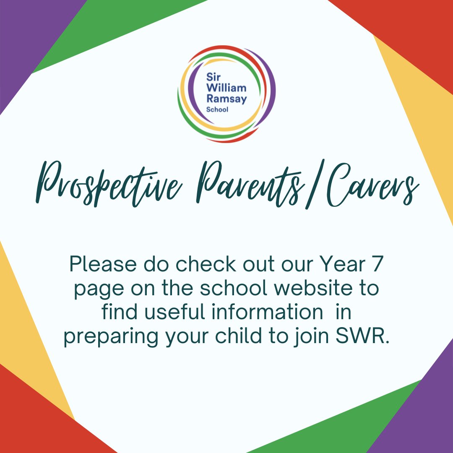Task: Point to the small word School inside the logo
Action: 217,109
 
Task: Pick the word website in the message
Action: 309,289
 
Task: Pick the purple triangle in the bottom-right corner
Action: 424,415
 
